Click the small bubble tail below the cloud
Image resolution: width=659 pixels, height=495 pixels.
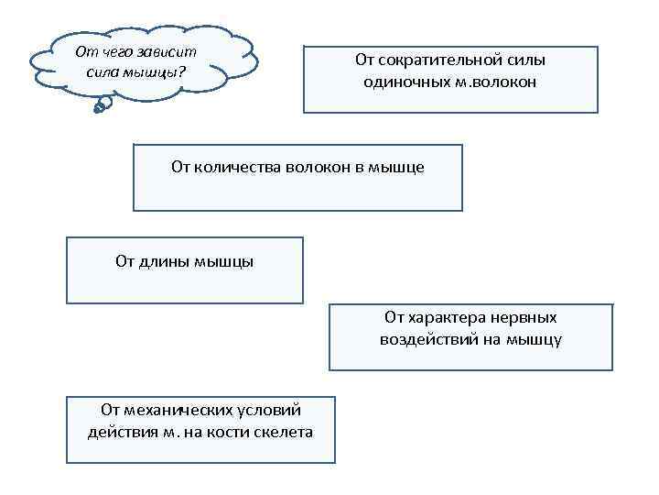[x=102, y=106]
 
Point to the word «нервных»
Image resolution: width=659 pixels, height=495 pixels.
[x=525, y=317]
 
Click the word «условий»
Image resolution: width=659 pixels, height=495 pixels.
[x=269, y=410]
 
